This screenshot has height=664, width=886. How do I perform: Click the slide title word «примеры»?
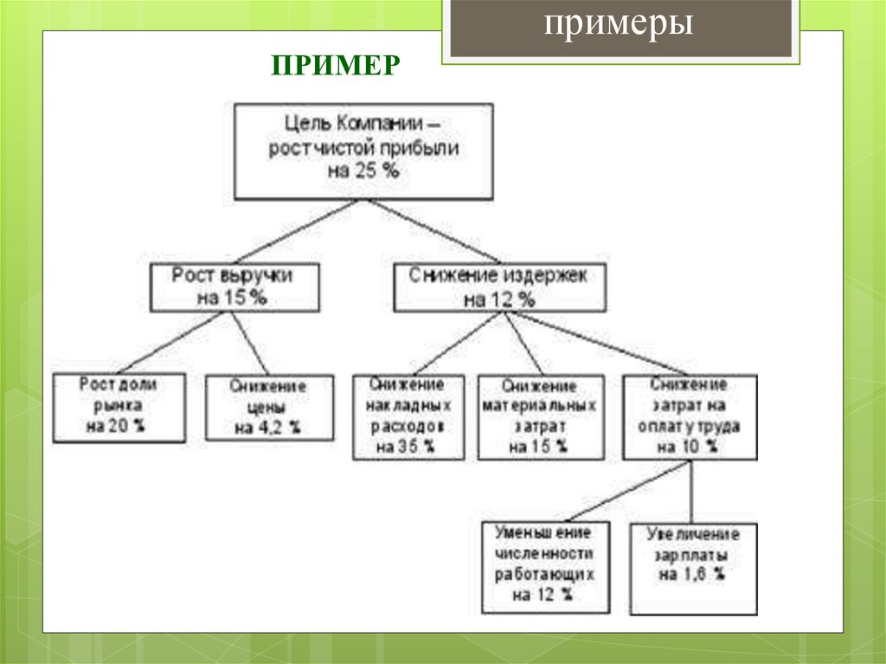[x=619, y=25]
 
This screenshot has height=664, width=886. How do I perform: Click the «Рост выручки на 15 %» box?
[x=233, y=287]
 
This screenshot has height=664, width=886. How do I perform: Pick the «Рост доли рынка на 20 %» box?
[x=119, y=406]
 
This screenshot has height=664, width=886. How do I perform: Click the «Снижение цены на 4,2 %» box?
[x=269, y=407]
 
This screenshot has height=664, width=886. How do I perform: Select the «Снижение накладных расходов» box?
[x=408, y=416]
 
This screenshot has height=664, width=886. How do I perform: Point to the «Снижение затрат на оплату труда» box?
[x=689, y=416]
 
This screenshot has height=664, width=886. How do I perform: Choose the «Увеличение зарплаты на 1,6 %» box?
[x=692, y=566]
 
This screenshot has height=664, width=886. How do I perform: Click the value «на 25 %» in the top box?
[x=363, y=171]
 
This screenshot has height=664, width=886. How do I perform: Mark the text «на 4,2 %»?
[x=268, y=428]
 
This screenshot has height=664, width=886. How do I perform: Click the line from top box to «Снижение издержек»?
[x=433, y=231]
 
